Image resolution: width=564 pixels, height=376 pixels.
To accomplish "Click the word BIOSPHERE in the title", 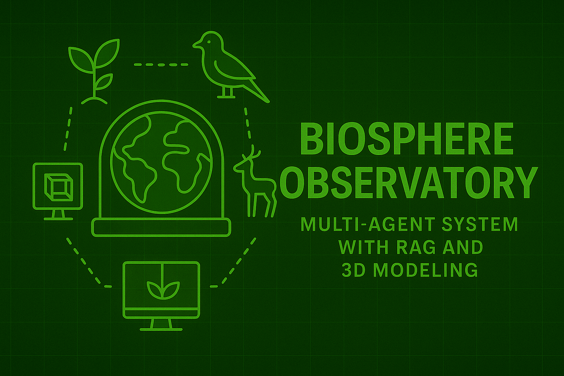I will [x=406, y=139].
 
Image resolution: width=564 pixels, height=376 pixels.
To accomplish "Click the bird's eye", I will [x=209, y=41].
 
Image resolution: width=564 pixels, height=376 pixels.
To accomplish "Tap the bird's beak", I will [x=196, y=45].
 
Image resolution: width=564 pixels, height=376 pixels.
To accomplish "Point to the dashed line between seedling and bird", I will [x=161, y=65].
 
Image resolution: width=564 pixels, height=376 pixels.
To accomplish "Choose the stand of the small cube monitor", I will [x=58, y=215].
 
